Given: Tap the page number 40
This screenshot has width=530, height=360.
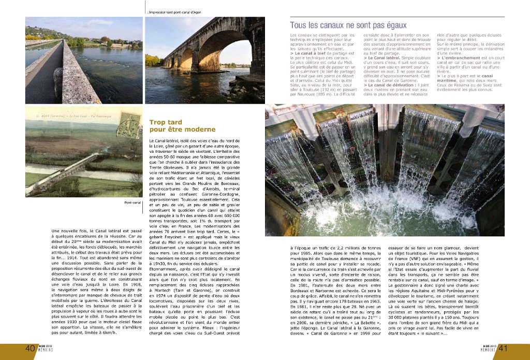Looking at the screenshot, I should [30, 349].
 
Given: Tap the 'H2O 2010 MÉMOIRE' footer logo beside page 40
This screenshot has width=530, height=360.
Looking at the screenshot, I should [47, 349].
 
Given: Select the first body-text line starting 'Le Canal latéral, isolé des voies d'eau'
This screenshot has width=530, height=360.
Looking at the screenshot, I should [195, 141].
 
